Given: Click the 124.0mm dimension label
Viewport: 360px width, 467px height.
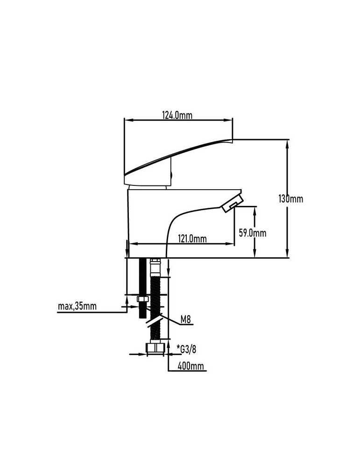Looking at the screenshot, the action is point(177,115).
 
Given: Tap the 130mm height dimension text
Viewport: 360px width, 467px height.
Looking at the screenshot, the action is point(290,198).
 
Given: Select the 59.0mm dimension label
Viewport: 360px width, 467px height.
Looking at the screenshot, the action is point(253,233).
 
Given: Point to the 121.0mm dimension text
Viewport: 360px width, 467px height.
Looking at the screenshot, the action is point(192,238).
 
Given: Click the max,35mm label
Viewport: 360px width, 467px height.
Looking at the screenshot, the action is point(77,306).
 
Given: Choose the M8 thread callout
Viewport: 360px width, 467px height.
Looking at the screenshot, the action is point(185,320).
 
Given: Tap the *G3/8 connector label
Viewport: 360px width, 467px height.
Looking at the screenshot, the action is point(186,349).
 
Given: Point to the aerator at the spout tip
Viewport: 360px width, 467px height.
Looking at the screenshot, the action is point(232,204).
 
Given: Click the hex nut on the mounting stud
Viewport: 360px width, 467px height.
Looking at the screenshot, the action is point(142,299).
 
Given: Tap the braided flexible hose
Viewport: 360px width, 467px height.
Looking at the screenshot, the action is point(155,307).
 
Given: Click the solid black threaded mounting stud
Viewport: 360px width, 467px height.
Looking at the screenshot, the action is point(142,288).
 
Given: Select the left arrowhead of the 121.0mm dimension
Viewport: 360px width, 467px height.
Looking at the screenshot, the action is point(133,244).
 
